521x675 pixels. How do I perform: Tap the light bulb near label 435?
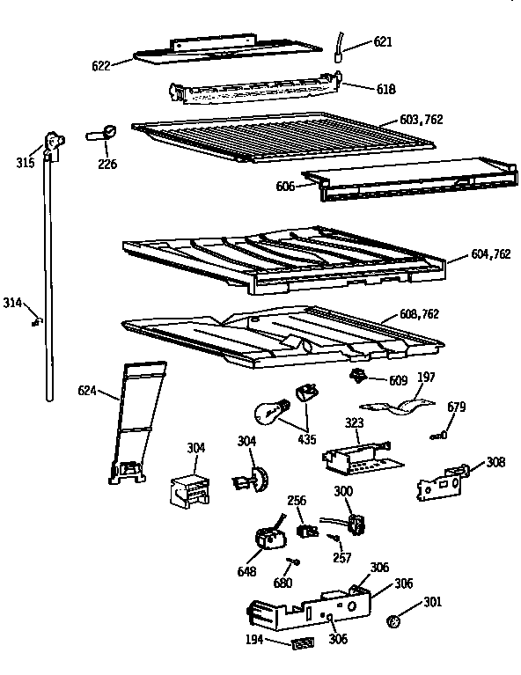click(269, 411)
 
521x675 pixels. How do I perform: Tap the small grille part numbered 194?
click(302, 644)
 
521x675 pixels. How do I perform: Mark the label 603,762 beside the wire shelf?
click(422, 120)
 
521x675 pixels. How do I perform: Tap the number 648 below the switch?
click(246, 572)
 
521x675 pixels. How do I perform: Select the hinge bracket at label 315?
click(55, 144)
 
